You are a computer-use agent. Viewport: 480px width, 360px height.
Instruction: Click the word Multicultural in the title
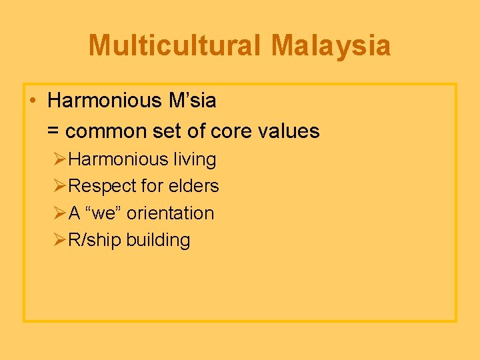click(174, 45)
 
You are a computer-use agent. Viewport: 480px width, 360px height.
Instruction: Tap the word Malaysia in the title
click(331, 45)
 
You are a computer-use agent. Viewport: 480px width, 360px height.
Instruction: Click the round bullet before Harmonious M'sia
click(32, 101)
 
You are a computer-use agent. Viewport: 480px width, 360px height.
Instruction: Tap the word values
click(290, 131)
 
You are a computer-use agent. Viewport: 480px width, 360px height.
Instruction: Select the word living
click(195, 159)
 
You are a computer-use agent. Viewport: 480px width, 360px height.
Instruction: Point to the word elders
click(193, 186)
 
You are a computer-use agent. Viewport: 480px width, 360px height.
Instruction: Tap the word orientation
click(171, 213)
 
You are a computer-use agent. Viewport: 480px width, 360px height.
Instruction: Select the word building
click(159, 240)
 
